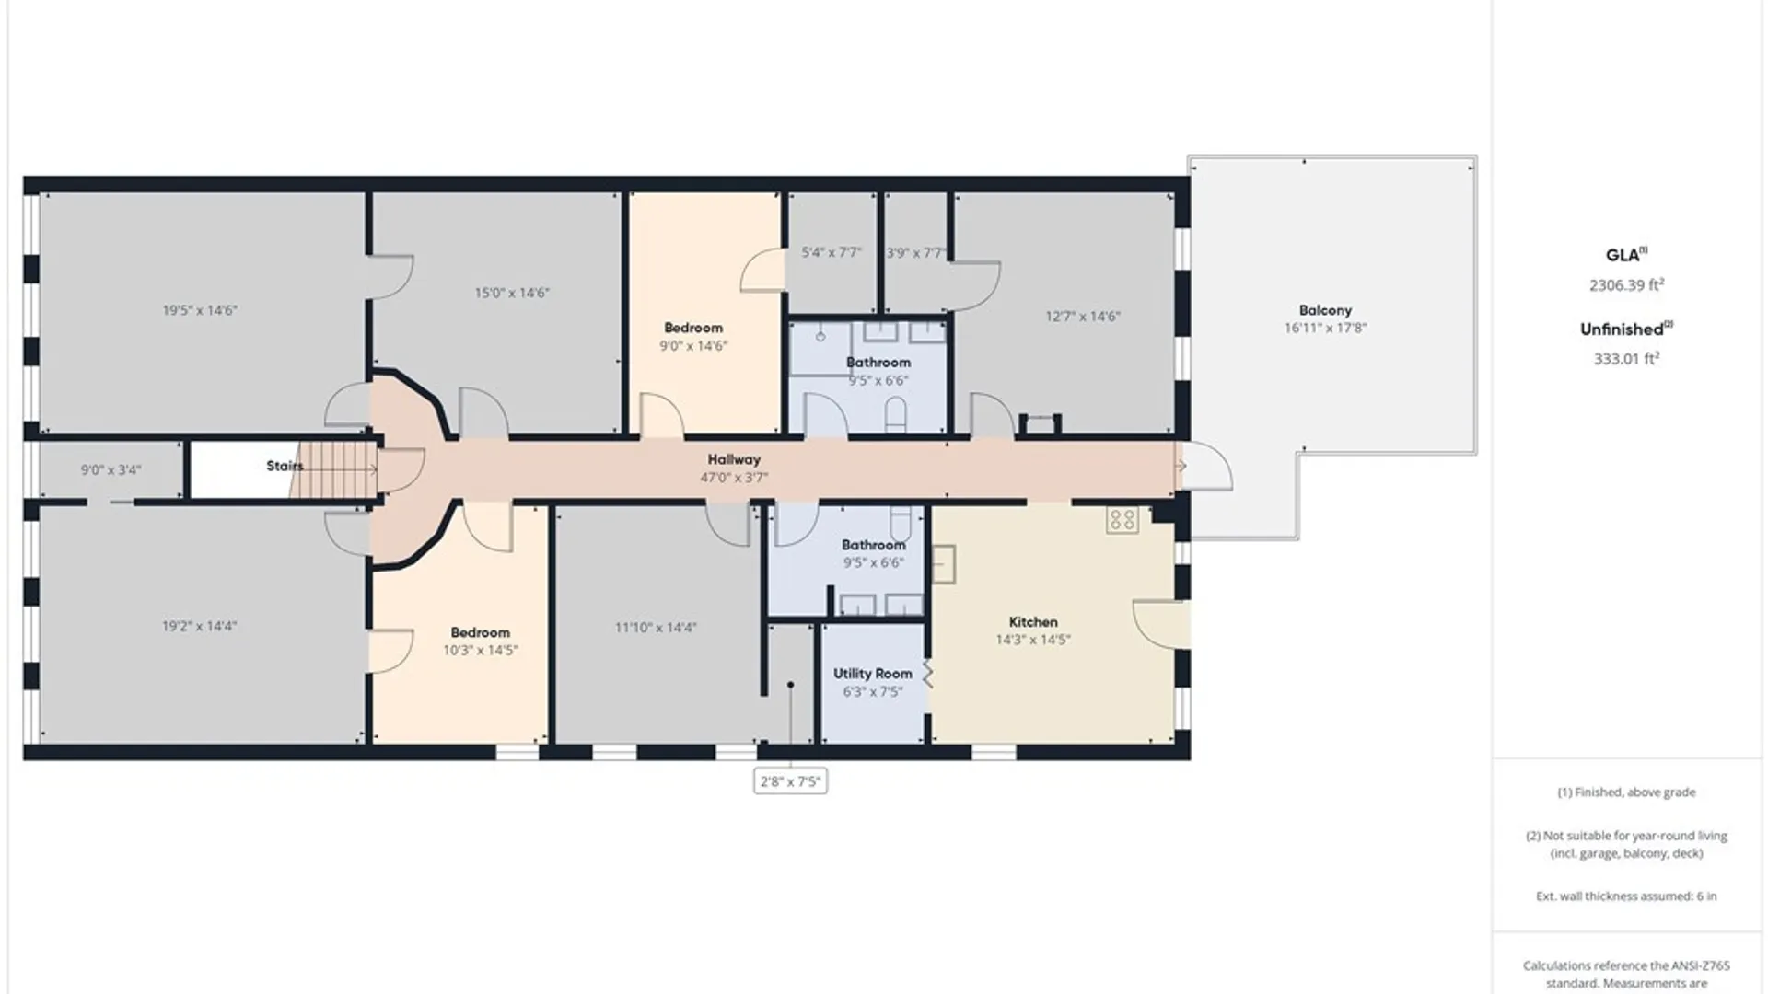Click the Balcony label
[1325, 311]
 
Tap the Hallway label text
[734, 459]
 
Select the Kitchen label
[1033, 622]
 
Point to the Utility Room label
[873, 674]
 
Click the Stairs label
[285, 466]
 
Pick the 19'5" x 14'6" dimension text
[200, 311]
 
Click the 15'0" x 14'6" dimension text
[512, 294]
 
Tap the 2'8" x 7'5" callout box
[790, 781]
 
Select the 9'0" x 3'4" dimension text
[110, 470]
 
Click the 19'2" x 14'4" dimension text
[200, 627]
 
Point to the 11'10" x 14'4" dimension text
[656, 628]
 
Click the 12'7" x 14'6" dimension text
[1083, 317]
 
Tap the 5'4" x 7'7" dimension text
[832, 252]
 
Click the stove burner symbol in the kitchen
[1122, 520]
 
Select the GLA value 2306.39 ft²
[1626, 285]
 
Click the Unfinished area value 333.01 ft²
[1626, 359]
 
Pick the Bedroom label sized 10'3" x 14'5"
[480, 632]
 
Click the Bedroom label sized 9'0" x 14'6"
[693, 328]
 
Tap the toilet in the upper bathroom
[896, 416]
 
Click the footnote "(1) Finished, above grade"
[1626, 792]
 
